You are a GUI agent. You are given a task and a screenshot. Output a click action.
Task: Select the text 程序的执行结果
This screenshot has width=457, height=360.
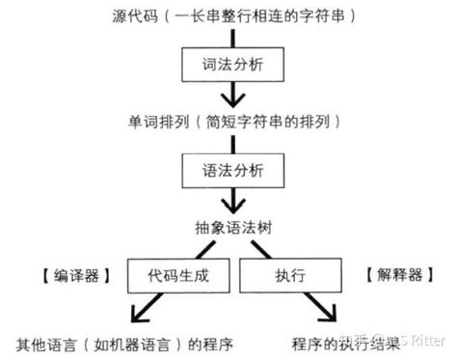click(x=342, y=343)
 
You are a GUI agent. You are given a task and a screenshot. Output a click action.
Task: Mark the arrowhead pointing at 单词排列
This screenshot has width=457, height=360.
click(x=229, y=101)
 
